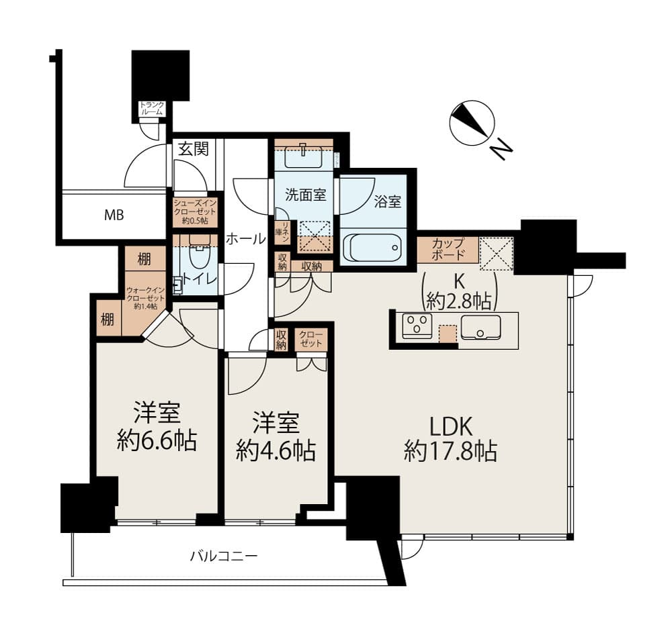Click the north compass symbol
(472, 124)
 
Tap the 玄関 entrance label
(193, 149)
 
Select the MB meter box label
(113, 215)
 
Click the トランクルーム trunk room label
(151, 108)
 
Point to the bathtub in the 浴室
(373, 246)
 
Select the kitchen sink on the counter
(480, 327)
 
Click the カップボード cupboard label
(448, 249)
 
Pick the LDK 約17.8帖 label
(450, 439)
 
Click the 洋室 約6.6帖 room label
(157, 428)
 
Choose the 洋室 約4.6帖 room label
(276, 437)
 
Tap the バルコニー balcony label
(223, 556)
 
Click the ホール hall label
(245, 238)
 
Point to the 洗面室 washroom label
(306, 195)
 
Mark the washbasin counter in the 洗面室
(304, 156)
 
